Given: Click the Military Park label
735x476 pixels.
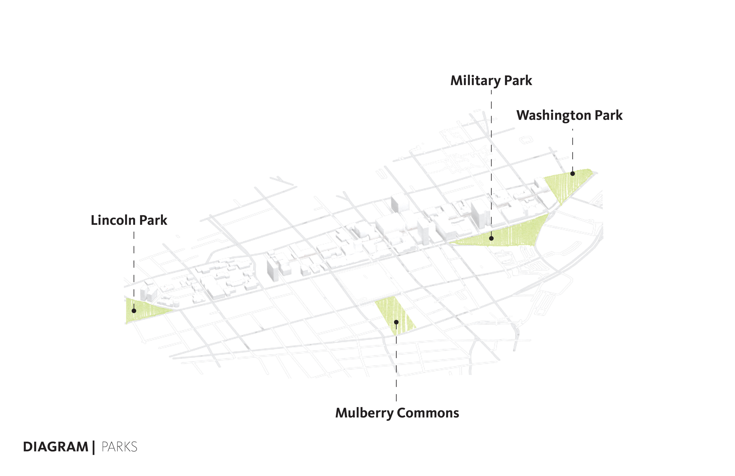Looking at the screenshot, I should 491,81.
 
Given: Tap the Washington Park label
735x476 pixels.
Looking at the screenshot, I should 569,115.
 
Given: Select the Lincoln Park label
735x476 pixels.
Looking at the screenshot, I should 129,220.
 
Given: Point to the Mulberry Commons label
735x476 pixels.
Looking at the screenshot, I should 397,413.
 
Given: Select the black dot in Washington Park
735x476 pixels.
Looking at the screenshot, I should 572,174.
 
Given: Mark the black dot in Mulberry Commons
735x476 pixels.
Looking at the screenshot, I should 396,322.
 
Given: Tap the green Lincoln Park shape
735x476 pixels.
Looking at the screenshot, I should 145,311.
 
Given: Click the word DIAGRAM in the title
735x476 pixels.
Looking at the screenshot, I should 56,447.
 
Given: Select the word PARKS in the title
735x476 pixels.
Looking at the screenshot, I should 119,447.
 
